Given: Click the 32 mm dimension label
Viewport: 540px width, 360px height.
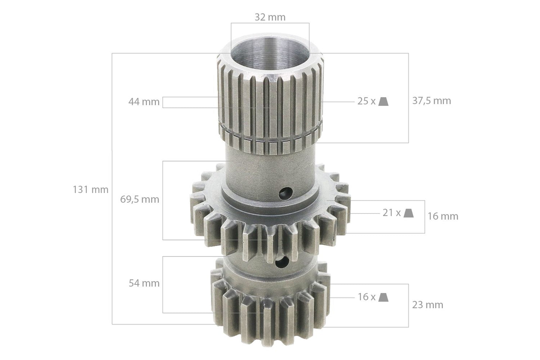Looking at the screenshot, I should [270, 17].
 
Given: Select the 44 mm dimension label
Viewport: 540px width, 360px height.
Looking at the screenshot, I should [144, 102].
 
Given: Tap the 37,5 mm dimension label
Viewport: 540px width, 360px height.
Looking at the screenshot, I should [432, 101].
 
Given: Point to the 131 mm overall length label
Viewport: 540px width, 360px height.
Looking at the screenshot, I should [90, 190].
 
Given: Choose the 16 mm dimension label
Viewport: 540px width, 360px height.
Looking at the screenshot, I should [443, 216].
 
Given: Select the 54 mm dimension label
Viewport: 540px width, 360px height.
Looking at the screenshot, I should [144, 283].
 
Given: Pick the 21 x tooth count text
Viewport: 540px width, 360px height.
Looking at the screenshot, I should [391, 213].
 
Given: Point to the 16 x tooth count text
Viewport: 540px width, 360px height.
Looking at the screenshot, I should [366, 297].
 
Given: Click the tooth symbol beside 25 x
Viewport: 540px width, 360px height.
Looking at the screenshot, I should [383, 101].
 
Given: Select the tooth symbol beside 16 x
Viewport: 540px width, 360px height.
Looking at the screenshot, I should [383, 297].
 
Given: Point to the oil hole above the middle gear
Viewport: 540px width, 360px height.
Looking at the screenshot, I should [285, 193].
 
